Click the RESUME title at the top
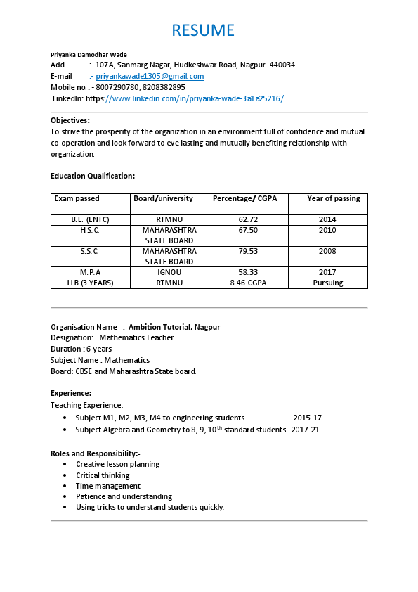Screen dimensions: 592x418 203,30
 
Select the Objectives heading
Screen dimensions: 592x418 70,120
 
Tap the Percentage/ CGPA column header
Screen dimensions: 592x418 245,199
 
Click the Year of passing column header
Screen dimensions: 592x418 333,199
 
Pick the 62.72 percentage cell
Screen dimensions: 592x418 248,219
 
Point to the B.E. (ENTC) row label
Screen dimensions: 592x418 90,219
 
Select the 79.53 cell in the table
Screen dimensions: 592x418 248,251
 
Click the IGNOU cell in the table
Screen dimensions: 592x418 169,272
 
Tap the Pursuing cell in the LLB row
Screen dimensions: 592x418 327,283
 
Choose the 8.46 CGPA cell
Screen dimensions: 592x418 248,283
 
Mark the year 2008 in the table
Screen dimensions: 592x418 327,251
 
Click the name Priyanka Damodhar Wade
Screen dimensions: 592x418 89,55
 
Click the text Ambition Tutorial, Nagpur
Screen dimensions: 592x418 174,327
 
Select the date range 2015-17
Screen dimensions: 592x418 307,418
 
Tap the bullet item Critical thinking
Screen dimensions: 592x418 103,475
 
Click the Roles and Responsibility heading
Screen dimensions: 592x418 95,453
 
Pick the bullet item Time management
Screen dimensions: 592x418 107,486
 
